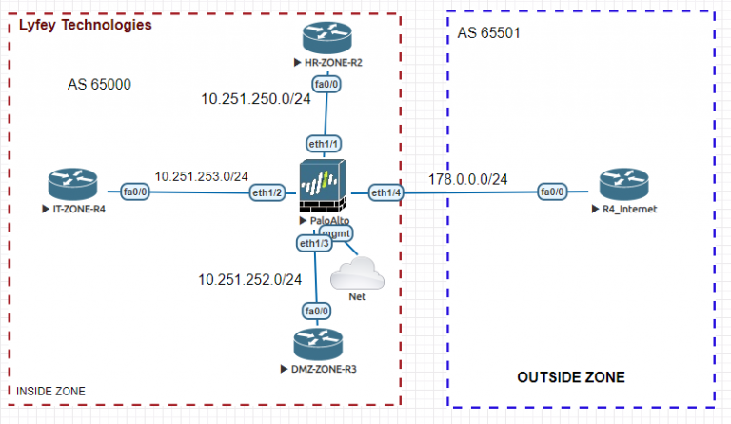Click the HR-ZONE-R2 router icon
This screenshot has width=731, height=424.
coord(326,37)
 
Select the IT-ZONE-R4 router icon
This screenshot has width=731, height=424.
coord(73,182)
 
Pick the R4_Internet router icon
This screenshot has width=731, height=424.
coord(622,183)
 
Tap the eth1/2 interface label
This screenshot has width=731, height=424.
coord(267,192)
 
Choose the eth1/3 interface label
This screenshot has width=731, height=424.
coord(315,244)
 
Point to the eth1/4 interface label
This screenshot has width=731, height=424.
coord(386,192)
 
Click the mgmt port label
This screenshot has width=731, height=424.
coord(336,232)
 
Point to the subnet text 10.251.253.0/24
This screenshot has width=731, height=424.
coord(201,176)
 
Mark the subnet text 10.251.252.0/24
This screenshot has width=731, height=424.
coord(249,279)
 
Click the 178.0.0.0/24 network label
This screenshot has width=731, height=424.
coord(467,179)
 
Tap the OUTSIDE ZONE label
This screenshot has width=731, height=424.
coord(571,378)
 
